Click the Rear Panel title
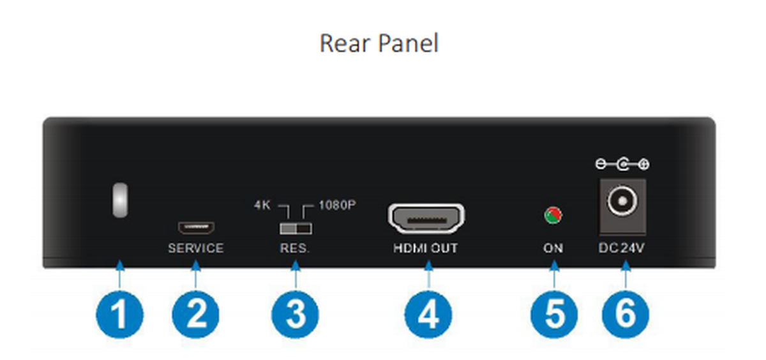tap(379, 43)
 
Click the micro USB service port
tap(196, 227)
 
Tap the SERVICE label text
tap(196, 248)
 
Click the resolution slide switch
tap(294, 228)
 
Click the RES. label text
tap(294, 248)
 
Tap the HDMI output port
tap(426, 219)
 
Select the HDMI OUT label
tap(426, 248)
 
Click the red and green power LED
tap(553, 215)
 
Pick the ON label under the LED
tap(553, 248)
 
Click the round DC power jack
tap(618, 203)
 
